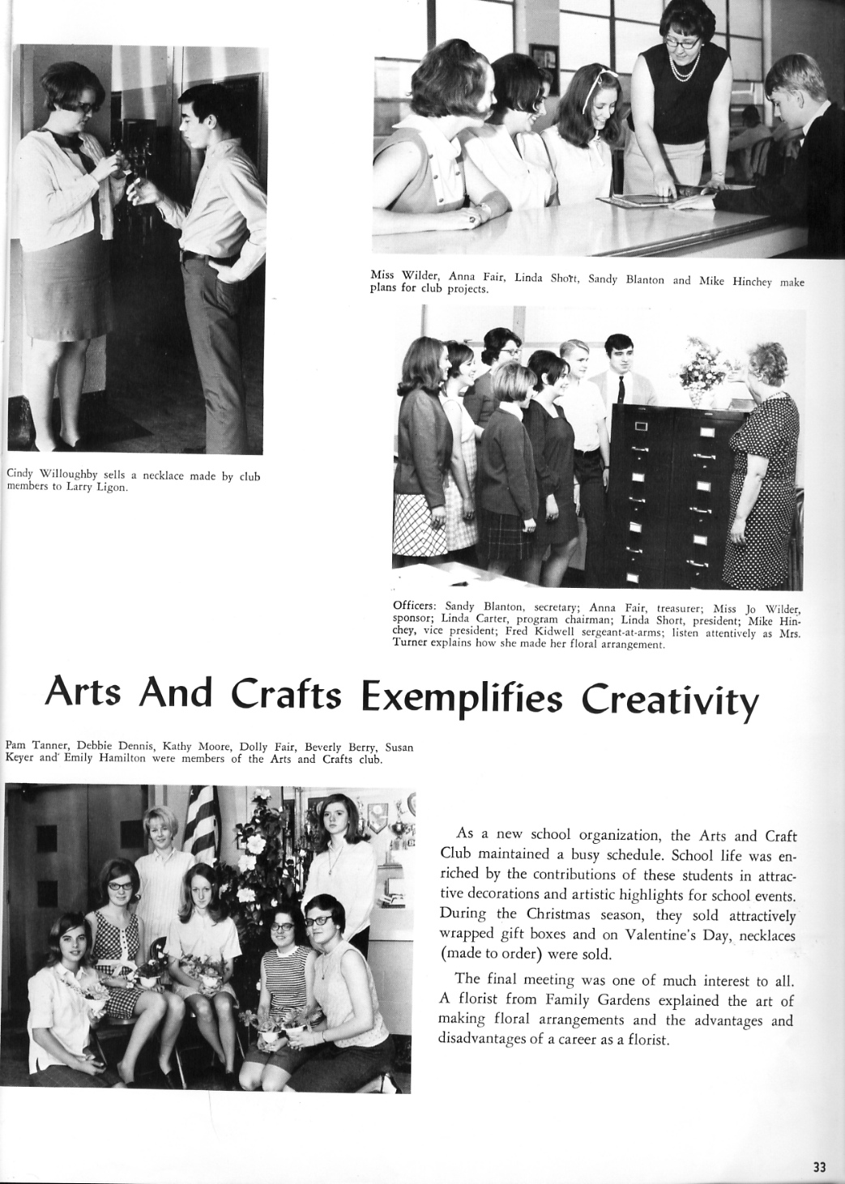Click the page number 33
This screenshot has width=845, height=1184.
click(819, 1167)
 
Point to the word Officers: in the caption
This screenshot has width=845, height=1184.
click(416, 605)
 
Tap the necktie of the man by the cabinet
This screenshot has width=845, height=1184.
click(620, 389)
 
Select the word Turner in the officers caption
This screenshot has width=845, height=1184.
click(411, 645)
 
